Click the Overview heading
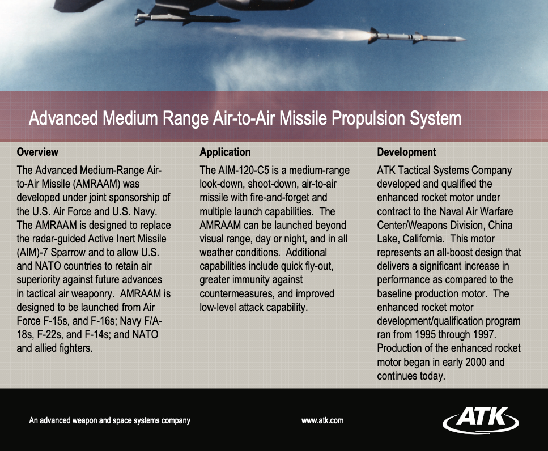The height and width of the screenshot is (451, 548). tap(37, 152)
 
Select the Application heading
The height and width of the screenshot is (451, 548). tap(225, 152)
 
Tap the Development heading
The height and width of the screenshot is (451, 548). tap(406, 152)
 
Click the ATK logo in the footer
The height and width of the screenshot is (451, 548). tap(481, 419)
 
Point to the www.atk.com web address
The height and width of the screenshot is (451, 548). tap(322, 420)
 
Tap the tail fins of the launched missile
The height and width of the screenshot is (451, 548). tap(373, 36)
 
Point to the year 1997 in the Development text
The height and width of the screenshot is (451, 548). tap(484, 334)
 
